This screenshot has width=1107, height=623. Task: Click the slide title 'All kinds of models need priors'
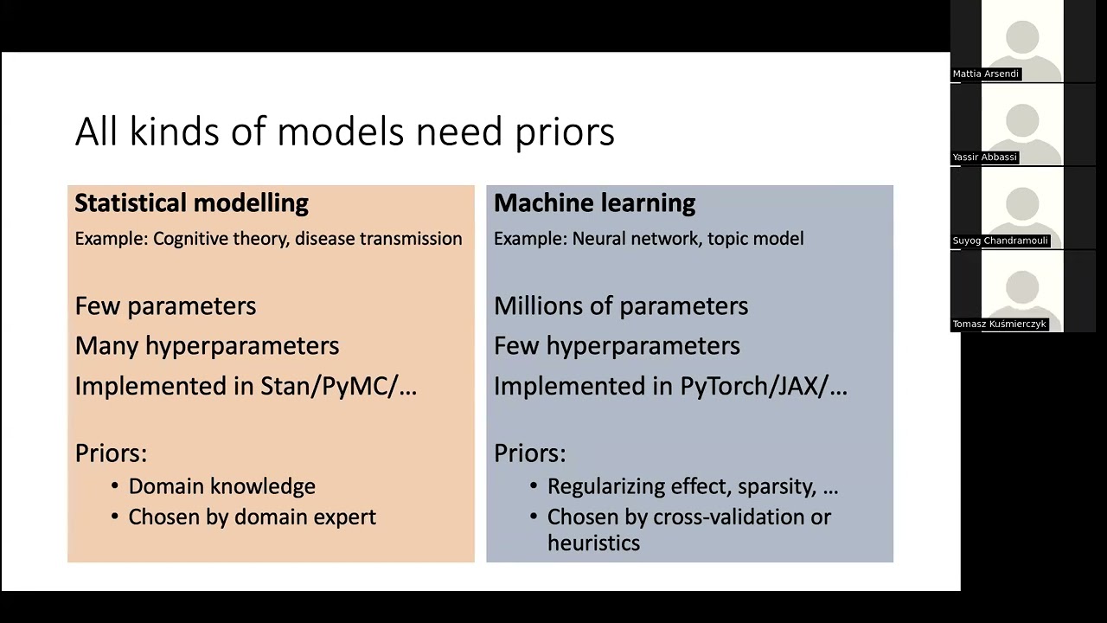344,132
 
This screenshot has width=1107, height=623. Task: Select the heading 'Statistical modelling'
191,203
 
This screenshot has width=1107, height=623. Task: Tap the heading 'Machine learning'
594,203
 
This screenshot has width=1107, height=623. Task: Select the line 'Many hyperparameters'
207,346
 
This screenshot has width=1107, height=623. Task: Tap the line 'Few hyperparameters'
617,346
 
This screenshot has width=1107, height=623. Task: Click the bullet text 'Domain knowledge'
221,486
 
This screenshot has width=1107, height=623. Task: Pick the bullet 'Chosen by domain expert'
252,517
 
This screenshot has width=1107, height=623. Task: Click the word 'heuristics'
593,543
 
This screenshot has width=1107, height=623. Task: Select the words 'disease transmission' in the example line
378,239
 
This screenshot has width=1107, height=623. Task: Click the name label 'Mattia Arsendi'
985,74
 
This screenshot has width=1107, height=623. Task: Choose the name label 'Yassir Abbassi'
984,157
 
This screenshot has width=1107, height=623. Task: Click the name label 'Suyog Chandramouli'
1000,241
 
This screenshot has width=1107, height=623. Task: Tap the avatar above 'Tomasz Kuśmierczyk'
1022,289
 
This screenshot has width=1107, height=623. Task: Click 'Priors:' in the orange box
111,453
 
